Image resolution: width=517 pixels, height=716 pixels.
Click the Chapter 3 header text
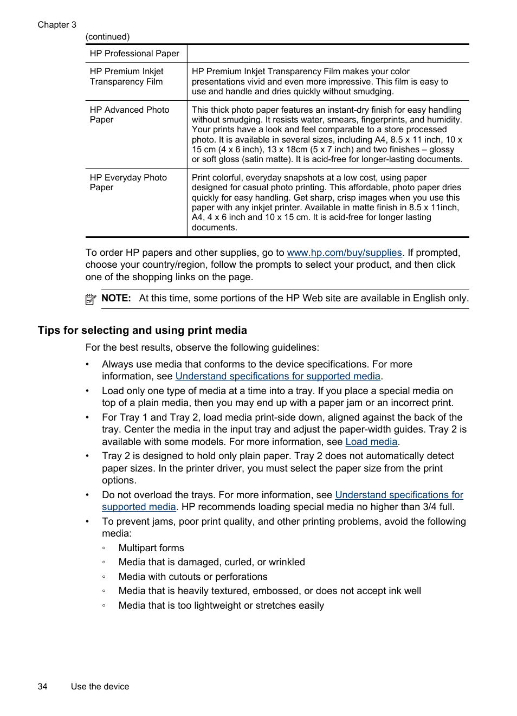tap(57, 24)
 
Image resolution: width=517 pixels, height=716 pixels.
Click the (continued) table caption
tap(107, 37)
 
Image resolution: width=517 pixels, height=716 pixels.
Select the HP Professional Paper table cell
tap(134, 53)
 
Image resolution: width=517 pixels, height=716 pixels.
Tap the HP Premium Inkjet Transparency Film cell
tap(126, 76)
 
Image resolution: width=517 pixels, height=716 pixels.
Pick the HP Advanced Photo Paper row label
tap(130, 114)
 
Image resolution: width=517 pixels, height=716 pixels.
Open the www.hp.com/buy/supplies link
tap(344, 253)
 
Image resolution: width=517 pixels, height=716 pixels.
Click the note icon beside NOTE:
tap(91, 299)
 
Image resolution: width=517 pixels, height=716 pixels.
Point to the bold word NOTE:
tap(116, 298)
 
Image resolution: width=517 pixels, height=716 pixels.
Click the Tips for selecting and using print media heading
tap(142, 330)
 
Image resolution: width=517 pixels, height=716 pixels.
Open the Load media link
tap(371, 442)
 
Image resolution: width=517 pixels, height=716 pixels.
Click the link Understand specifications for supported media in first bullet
tap(277, 376)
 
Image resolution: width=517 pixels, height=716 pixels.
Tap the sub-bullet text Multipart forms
tap(151, 548)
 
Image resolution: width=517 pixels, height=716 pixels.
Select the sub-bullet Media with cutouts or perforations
tap(193, 577)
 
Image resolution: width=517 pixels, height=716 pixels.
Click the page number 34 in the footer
tap(42, 686)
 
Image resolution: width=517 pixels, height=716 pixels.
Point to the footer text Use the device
tap(100, 686)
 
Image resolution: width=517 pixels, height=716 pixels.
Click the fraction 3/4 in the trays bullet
tap(430, 507)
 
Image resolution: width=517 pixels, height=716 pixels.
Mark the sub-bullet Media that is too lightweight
tap(221, 605)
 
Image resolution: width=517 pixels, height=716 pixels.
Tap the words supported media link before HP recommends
tap(139, 507)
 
